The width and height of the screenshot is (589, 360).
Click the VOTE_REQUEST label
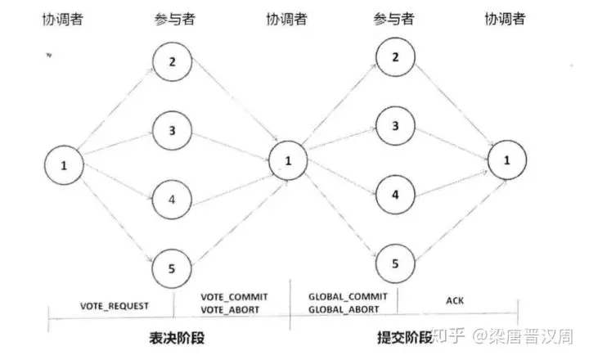114,305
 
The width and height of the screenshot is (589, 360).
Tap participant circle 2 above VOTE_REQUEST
172,61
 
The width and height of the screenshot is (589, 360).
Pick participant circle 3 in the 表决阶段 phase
172,130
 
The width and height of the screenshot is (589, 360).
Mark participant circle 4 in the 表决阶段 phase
172,198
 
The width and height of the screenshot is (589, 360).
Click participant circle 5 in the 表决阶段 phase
172,267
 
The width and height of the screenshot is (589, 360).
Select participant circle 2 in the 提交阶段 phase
396,56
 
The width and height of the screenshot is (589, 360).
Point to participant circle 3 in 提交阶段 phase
396,126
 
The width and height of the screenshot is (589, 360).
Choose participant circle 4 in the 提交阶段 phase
396,196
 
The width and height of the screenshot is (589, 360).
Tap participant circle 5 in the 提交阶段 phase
396,264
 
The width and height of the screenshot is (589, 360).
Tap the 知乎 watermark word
449,335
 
